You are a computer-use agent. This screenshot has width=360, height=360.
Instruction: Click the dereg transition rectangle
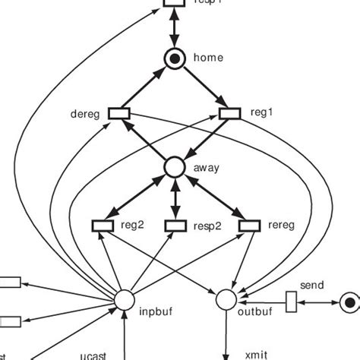119,113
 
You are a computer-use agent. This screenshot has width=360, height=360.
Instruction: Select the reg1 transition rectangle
230,113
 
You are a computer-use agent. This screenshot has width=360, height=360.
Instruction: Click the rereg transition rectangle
248,225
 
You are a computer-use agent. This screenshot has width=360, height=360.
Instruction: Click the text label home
209,57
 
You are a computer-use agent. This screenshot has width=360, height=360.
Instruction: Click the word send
312,286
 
